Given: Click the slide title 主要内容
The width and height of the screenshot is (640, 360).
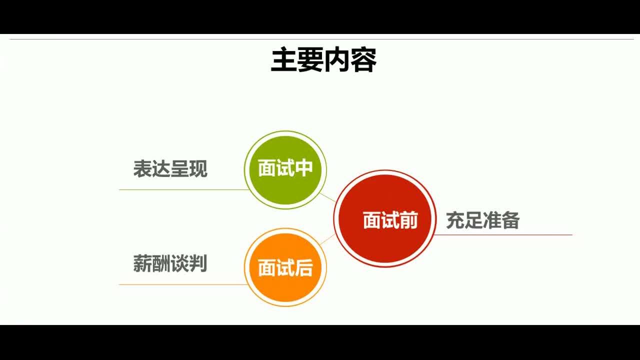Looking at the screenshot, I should click(x=323, y=60).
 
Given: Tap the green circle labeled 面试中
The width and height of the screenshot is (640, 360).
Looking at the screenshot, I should click(x=285, y=169).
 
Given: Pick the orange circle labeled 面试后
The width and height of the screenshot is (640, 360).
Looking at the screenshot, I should click(x=285, y=267).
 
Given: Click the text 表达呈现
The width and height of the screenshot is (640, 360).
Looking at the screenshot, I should click(x=170, y=169).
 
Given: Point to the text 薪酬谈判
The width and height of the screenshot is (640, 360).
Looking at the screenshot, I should click(x=170, y=263).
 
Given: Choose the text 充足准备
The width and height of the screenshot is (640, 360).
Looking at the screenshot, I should click(x=482, y=220).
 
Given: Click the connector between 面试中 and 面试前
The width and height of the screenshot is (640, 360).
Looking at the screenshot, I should click(x=328, y=197).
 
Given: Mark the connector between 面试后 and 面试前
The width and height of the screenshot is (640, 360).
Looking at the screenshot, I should click(x=327, y=239).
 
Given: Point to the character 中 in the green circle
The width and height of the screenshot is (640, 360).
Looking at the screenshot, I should click(x=303, y=168).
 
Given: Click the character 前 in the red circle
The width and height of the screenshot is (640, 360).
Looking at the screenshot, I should click(x=408, y=220).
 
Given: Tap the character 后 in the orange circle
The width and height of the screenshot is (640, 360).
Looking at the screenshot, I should click(x=303, y=268).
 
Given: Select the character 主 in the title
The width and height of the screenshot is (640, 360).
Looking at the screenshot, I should click(x=283, y=60).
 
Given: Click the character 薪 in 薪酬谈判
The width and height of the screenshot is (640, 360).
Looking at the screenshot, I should click(x=142, y=263).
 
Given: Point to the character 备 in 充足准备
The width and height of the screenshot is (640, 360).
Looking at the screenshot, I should click(x=510, y=220).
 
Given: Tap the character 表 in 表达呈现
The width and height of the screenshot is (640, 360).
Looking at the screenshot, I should click(x=142, y=169).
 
